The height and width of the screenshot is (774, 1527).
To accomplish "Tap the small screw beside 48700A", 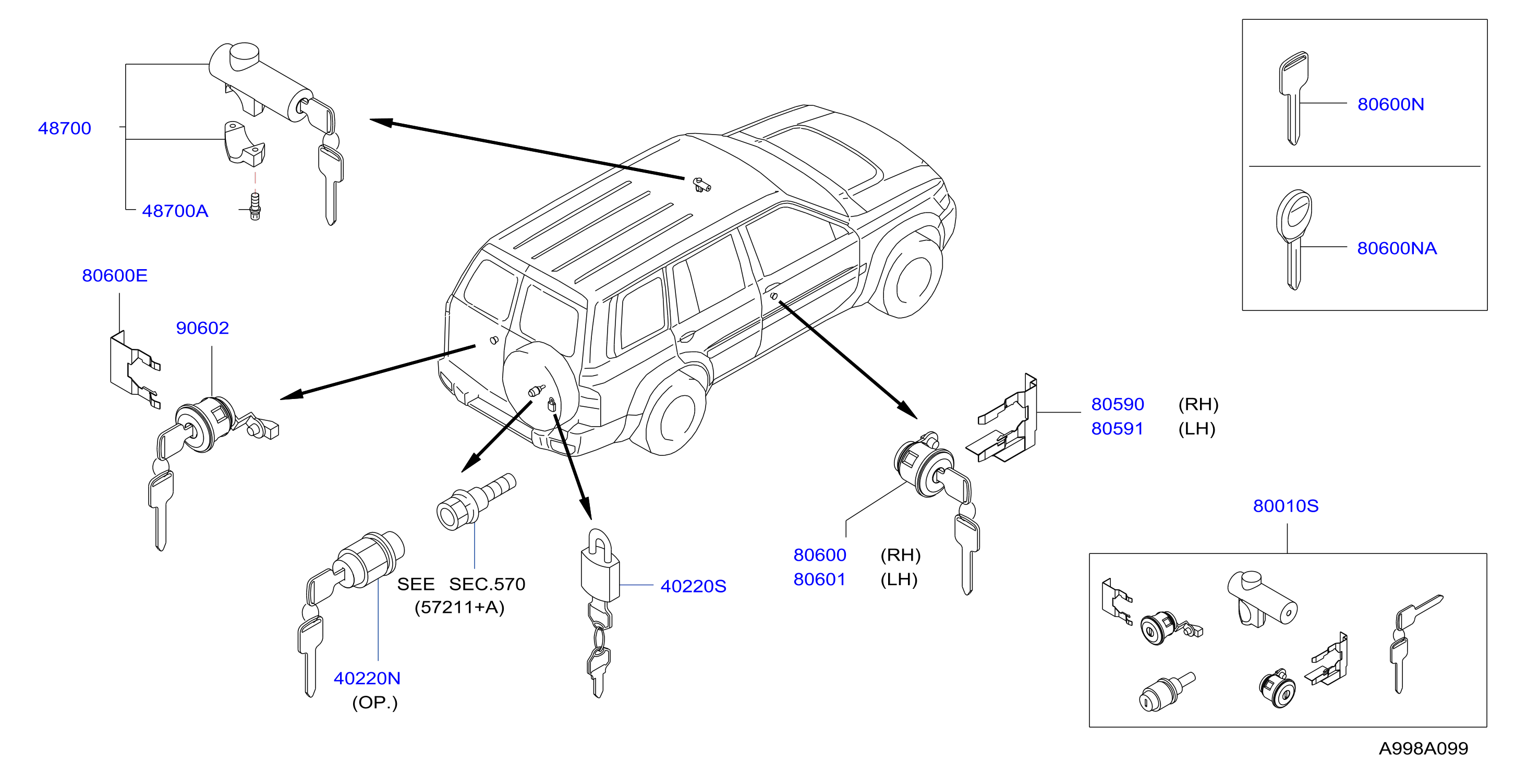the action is (255, 206).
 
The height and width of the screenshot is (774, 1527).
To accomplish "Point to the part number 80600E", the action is (114, 275).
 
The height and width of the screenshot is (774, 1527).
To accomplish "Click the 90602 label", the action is (202, 328).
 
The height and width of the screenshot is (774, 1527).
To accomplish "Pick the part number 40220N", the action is (367, 678).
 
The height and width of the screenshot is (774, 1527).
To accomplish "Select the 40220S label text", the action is (693, 586).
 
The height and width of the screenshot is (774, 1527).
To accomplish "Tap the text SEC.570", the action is (487, 584).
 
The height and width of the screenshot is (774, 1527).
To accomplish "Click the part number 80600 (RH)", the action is (820, 555).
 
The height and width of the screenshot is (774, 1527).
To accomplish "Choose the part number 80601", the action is (820, 579).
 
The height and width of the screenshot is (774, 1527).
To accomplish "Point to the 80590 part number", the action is (1118, 404).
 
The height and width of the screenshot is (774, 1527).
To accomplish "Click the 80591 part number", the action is (1118, 429).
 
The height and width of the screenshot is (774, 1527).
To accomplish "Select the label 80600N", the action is (1391, 104).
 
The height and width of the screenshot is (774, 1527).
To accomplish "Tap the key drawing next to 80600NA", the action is (1293, 239).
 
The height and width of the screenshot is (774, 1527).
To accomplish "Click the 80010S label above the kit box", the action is (1286, 505).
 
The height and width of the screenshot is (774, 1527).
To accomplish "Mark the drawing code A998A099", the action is (1423, 748).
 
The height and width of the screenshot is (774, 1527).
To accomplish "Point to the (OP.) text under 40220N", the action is (374, 703).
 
